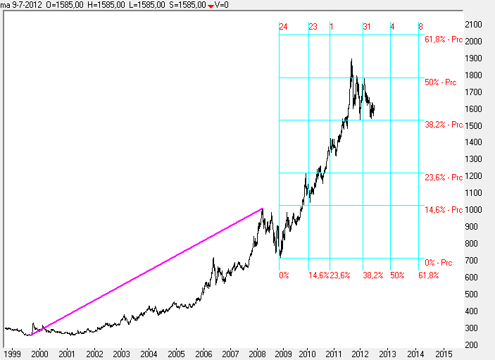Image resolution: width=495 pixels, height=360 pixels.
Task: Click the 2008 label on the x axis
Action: [x=256, y=353]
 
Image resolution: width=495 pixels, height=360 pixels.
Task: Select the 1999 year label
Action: [x=12, y=353]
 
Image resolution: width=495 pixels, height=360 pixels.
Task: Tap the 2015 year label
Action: [x=444, y=353]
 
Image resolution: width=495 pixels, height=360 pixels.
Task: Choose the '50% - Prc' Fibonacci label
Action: [x=444, y=82]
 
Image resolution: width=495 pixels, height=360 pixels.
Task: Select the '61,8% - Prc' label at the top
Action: [x=444, y=39]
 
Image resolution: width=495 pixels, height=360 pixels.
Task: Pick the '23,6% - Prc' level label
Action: [x=444, y=178]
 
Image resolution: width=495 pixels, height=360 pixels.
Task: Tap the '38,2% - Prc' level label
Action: [x=444, y=125]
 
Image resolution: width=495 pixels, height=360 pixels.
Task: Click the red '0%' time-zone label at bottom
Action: [x=284, y=275]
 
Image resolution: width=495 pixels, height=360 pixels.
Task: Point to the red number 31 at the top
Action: [x=367, y=27]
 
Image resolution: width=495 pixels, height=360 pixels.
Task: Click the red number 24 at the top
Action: [x=283, y=27]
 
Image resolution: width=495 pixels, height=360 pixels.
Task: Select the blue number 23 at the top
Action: [x=313, y=27]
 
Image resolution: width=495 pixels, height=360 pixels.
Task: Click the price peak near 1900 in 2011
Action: [x=351, y=59]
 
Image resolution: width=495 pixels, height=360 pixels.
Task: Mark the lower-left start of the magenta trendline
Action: [x=30, y=336]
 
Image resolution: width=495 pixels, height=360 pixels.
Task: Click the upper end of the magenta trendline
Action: [x=263, y=209]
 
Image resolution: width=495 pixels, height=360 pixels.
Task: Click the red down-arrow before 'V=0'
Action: [x=211, y=6]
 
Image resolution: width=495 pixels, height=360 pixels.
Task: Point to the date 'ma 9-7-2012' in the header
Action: [x=21, y=5]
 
